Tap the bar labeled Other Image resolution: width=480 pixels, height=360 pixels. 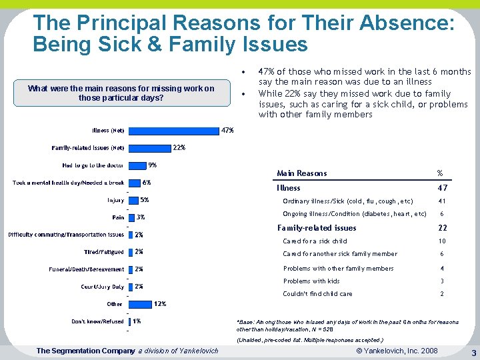(139, 304)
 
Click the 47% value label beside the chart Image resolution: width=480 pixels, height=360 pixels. (227, 131)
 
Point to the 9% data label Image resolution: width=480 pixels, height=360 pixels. (153, 165)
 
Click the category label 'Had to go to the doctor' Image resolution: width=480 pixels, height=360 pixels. (93, 165)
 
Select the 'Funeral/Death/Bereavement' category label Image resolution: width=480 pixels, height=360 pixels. (87, 269)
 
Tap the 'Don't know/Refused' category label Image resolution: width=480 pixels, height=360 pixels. (97, 321)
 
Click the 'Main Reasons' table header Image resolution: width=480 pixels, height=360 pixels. (302, 173)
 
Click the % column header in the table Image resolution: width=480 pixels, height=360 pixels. (439, 173)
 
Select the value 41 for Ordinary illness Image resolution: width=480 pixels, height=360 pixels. (441, 201)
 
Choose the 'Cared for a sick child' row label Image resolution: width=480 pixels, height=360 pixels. (315, 241)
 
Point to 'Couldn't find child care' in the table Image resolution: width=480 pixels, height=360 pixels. (318, 293)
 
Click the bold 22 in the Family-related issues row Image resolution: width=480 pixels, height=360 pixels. (441, 228)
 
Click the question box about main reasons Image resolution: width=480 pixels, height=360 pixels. (121, 93)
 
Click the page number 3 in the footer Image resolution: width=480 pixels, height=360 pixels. (472, 352)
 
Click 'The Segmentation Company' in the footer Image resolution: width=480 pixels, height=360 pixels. (85, 351)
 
